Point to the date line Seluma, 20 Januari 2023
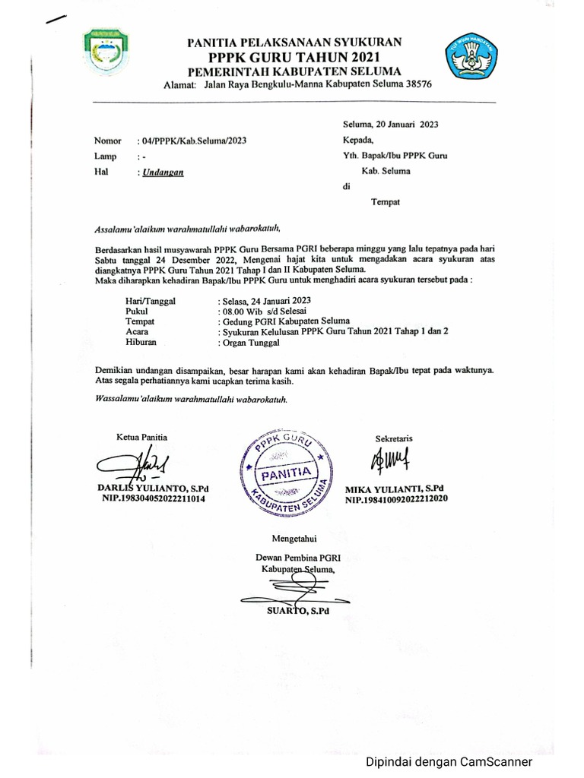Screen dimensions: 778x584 click(x=391, y=123)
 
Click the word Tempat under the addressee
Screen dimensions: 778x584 click(x=385, y=201)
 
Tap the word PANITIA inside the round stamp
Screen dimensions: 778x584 click(x=286, y=474)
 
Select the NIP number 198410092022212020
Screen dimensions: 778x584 click(x=397, y=500)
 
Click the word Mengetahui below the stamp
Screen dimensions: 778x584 click(x=293, y=539)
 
